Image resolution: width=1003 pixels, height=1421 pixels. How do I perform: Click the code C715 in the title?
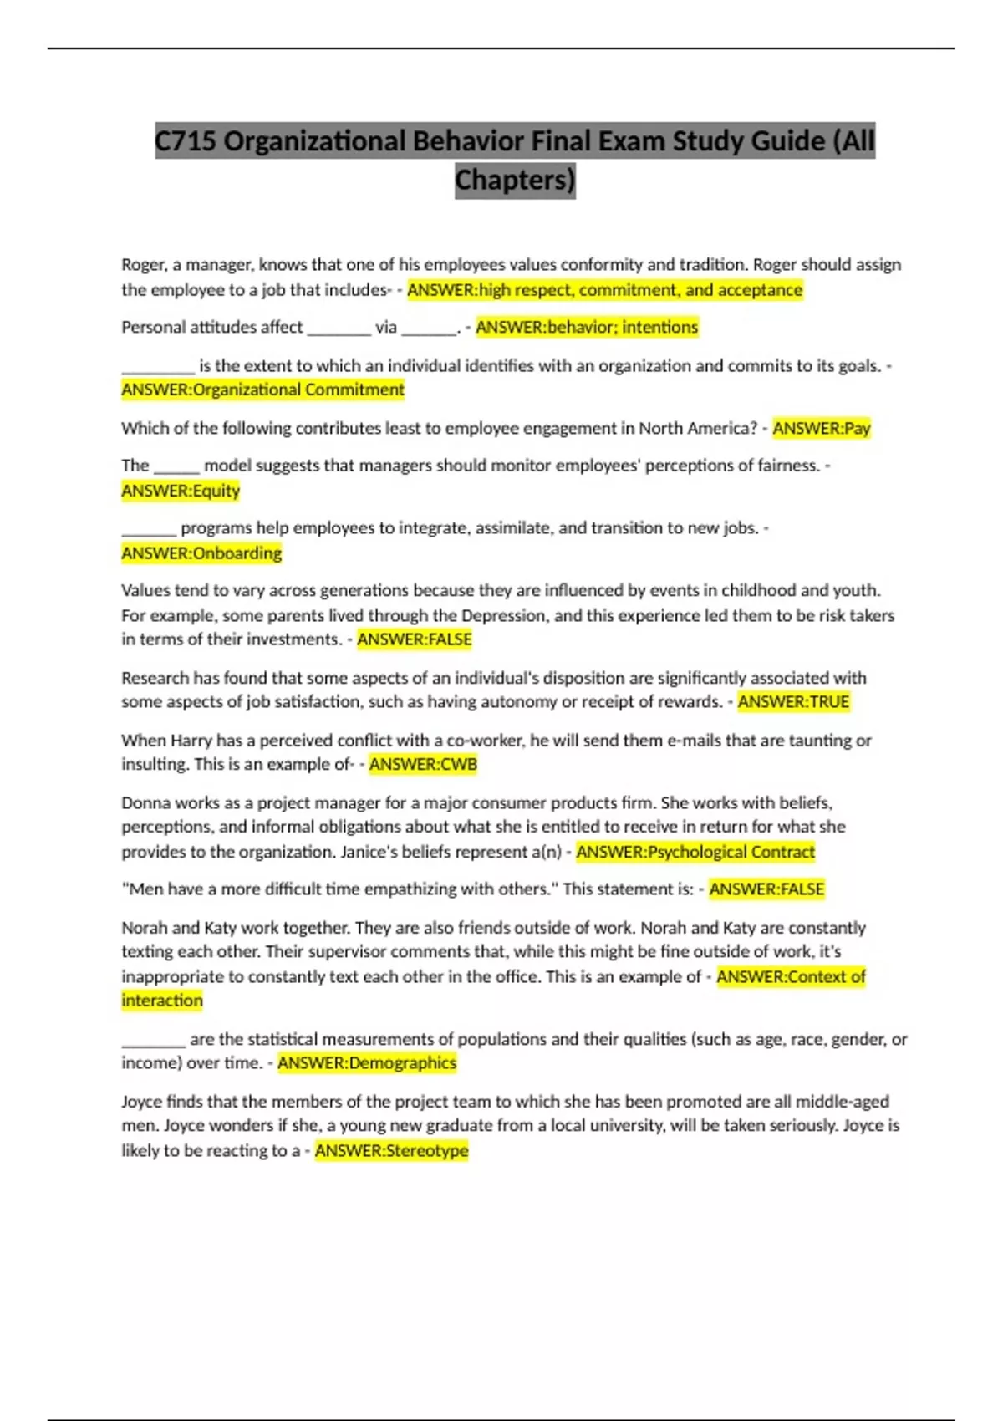pos(186,140)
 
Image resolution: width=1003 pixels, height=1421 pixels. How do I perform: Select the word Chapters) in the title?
pos(515,180)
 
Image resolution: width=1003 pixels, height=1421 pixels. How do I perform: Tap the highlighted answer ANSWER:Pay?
pos(821,428)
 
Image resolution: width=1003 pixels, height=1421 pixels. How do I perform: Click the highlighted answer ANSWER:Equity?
pos(181,491)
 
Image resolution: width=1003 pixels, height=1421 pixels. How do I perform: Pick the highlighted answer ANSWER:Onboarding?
pos(201,553)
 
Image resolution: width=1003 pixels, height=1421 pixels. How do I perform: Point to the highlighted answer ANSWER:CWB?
pos(423,764)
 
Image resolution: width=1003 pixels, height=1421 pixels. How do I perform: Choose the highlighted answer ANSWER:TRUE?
pos(793,701)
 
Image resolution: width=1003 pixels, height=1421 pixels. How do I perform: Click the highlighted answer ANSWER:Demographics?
pos(367,1062)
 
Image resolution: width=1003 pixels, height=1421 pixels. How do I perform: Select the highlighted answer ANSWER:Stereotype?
pos(391,1150)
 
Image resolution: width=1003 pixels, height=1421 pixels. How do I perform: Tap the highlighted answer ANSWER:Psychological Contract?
pos(695,851)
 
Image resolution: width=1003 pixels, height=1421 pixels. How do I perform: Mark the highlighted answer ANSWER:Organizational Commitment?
pos(262,390)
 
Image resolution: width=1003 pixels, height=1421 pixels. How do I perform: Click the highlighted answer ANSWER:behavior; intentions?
pos(586,327)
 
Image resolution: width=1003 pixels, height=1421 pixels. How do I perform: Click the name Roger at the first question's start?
pos(143,265)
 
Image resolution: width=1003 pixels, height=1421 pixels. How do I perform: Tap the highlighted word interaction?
pos(162,1001)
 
